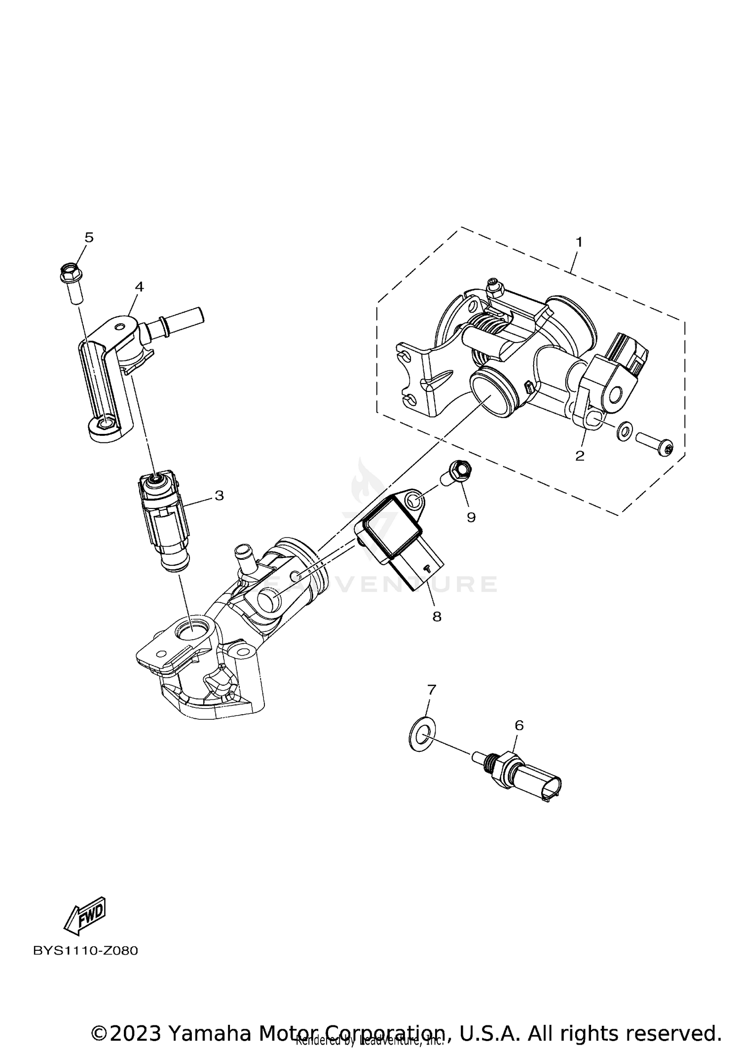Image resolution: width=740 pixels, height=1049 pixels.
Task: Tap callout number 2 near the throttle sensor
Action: point(580,456)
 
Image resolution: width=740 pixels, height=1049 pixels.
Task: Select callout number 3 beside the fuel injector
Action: point(219,495)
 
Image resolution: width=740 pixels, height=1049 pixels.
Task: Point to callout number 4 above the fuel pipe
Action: point(139,287)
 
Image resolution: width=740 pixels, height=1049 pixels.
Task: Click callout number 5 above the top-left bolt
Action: point(89,237)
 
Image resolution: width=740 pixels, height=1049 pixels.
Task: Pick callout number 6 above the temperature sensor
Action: point(519,725)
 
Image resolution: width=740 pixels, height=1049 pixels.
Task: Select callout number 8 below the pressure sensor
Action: point(437,617)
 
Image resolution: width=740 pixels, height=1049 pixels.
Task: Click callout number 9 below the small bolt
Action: point(471,517)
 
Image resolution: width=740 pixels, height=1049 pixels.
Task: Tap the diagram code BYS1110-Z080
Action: point(85,951)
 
